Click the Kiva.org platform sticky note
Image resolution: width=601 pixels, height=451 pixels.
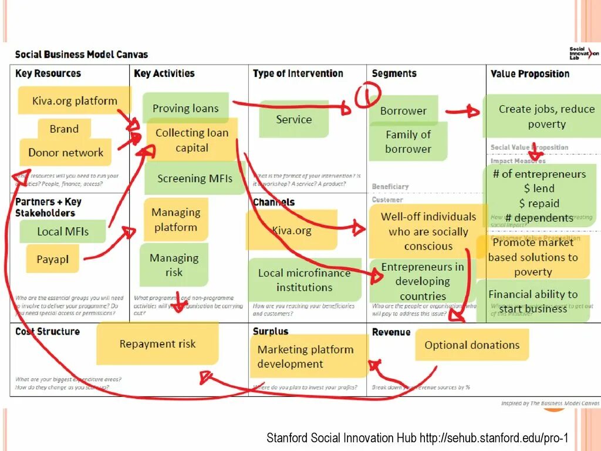click(x=75, y=100)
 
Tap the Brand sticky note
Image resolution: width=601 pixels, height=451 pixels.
click(x=64, y=129)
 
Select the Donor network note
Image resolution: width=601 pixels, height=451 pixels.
click(x=66, y=153)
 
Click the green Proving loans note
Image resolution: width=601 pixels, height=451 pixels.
click(x=185, y=107)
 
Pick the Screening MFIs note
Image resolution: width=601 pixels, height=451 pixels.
click(x=194, y=179)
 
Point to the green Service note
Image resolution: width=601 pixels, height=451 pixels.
click(x=293, y=119)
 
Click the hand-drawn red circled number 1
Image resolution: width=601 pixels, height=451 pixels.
click(x=367, y=95)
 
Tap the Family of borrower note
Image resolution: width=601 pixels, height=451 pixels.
click(x=408, y=142)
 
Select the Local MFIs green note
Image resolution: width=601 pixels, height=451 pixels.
click(x=63, y=231)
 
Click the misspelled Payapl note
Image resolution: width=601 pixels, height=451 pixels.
click(x=52, y=259)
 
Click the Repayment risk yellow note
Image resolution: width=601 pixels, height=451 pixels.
click(x=157, y=344)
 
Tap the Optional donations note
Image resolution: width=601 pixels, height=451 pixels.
click(x=472, y=345)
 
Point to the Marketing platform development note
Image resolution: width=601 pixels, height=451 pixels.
click(x=305, y=356)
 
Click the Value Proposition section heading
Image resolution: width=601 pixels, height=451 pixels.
click(x=529, y=74)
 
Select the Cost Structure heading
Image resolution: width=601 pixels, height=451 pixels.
click(x=48, y=332)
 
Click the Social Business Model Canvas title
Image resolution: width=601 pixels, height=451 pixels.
click(x=82, y=55)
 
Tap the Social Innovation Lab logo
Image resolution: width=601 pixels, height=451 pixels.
click(x=583, y=53)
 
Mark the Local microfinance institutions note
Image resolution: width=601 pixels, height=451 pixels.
click(x=304, y=280)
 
